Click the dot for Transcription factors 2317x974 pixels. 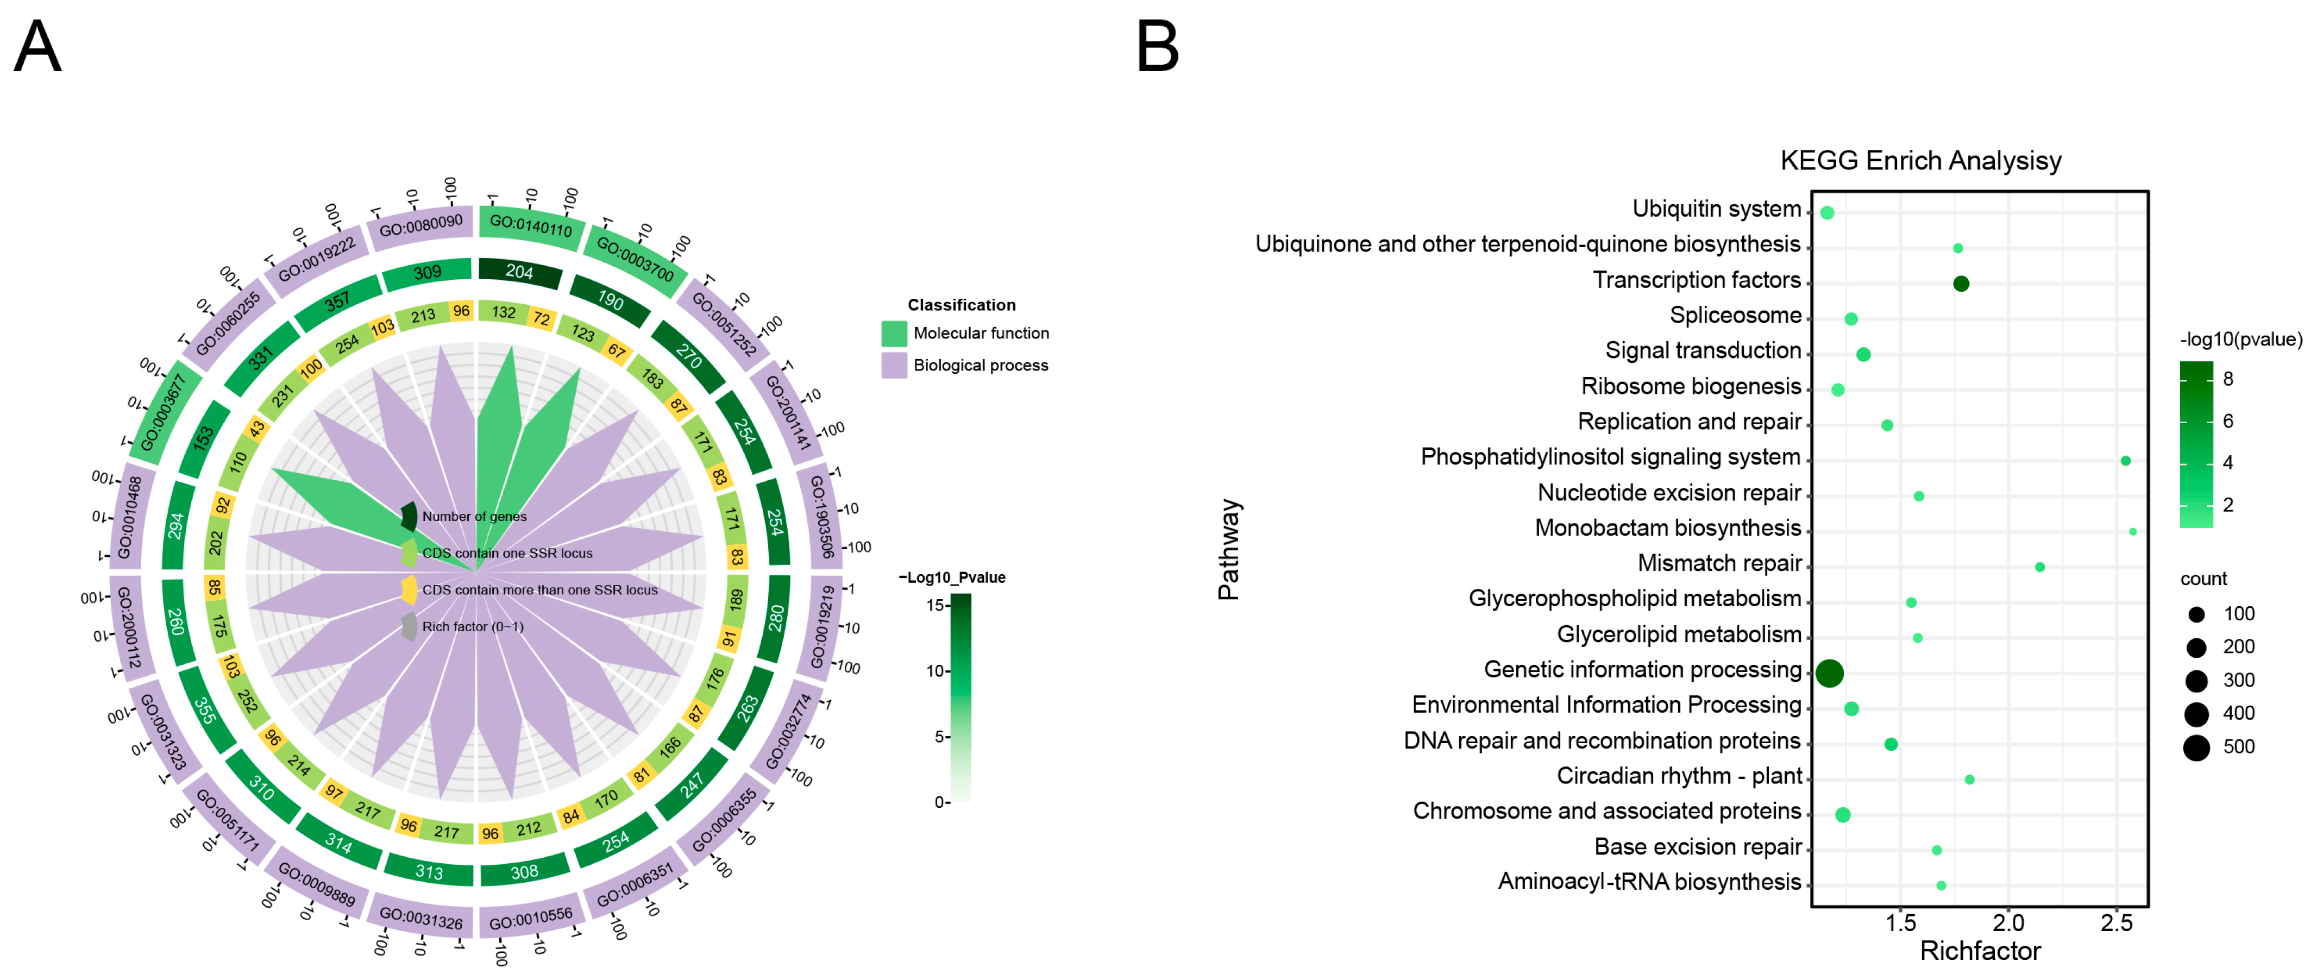(1961, 284)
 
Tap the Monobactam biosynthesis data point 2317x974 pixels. (2133, 531)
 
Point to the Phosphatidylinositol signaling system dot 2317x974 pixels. (2125, 461)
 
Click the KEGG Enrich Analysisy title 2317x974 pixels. (1920, 160)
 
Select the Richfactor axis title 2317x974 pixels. (1980, 951)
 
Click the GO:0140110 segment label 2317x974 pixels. (531, 225)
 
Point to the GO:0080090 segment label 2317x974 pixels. (421, 225)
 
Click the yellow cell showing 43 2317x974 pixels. (258, 429)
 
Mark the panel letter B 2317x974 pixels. (1158, 47)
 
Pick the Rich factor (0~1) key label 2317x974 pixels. (472, 627)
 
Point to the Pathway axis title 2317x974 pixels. (1229, 550)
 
